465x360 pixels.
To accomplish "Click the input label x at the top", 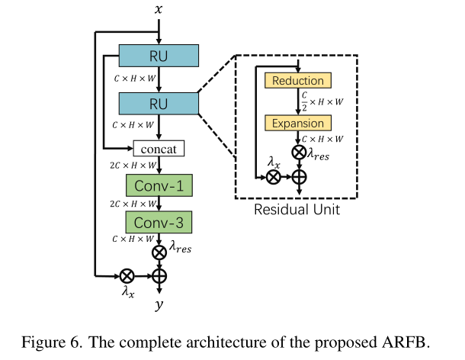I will [159, 10].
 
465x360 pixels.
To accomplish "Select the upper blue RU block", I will [159, 56].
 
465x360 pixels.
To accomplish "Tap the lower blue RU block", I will [159, 102].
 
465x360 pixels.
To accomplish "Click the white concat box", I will [159, 149].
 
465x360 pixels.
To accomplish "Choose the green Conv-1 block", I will [159, 185].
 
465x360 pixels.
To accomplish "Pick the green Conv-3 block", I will [159, 222].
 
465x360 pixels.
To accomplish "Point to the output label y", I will [159, 306].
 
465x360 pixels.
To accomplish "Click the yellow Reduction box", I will [297, 81].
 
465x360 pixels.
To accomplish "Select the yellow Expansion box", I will [297, 123].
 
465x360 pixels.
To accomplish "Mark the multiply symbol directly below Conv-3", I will [159, 252].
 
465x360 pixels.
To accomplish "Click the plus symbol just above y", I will [159, 275].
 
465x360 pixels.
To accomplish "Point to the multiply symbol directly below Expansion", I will [298, 152].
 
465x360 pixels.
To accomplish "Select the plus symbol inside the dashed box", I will [298, 176].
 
